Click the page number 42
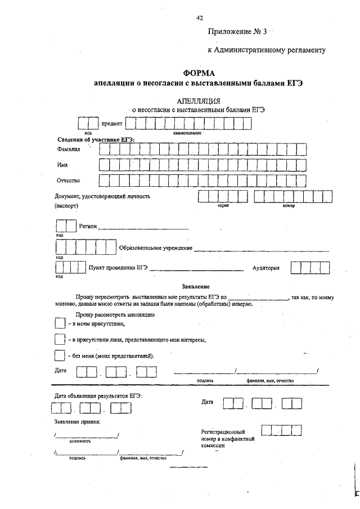(x=200, y=18)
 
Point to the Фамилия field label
(x=69, y=150)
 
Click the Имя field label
(x=62, y=165)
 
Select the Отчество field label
(x=68, y=181)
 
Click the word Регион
(x=88, y=226)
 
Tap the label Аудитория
(x=265, y=268)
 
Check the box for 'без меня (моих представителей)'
(x=60, y=355)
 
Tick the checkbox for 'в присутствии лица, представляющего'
(x=60, y=339)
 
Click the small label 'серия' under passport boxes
(x=223, y=206)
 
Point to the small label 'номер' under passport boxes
(x=289, y=206)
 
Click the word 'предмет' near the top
(x=111, y=123)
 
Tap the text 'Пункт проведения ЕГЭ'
(x=118, y=268)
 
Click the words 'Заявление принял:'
(x=77, y=421)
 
